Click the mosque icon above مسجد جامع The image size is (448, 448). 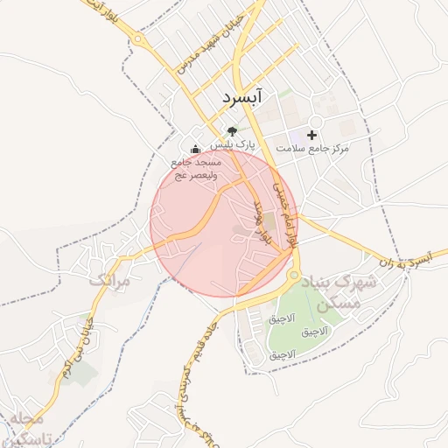(194, 149)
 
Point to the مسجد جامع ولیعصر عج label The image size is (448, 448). (196, 168)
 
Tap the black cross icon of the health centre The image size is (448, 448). (312, 135)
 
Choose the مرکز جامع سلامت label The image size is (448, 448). (312, 149)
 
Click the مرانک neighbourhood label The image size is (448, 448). (108, 281)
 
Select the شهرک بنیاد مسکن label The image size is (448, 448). (339, 293)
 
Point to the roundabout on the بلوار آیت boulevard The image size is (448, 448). (137, 38)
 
